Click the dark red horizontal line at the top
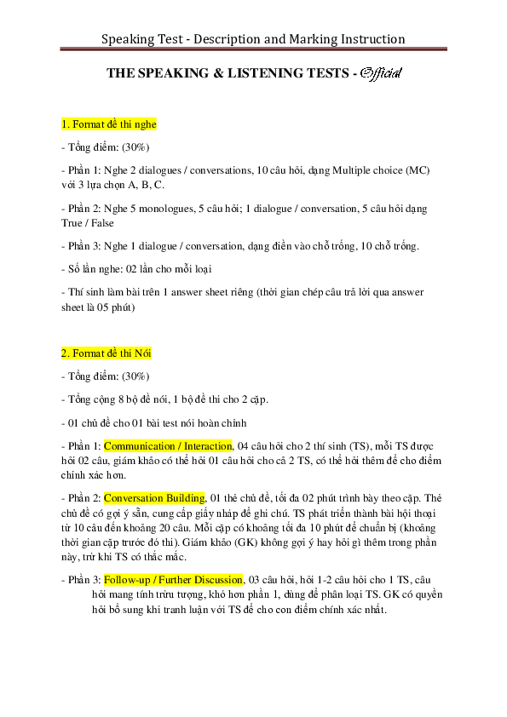pos(253,49)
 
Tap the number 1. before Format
pos(66,124)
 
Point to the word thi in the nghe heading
pos(125,124)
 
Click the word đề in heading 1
pos(111,124)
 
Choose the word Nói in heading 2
pos(142,353)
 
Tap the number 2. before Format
pos(66,353)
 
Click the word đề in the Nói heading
pos(111,353)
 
